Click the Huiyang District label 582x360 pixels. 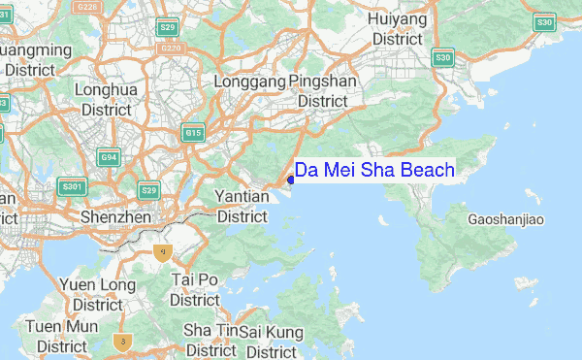(398, 29)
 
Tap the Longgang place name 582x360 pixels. (249, 82)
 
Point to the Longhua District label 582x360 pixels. (107, 100)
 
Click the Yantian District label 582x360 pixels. (242, 206)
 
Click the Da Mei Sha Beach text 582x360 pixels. (374, 171)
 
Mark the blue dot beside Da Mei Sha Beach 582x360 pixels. (291, 180)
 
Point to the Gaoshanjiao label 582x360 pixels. (505, 220)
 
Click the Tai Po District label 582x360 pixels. (195, 289)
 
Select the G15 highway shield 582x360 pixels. (192, 133)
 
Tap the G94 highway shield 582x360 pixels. (111, 157)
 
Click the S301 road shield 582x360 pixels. (72, 186)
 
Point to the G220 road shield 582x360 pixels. (172, 48)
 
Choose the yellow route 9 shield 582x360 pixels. (164, 252)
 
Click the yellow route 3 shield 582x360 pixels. (121, 341)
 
